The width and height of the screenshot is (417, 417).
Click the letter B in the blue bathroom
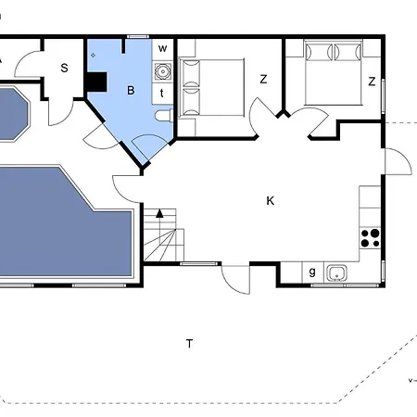[131, 90]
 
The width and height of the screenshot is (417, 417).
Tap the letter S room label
[64, 68]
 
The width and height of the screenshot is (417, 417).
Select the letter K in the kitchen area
[270, 201]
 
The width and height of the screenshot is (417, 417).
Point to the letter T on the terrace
[189, 343]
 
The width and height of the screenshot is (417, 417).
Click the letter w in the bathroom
[162, 48]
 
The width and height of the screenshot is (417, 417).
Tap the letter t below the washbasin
[162, 93]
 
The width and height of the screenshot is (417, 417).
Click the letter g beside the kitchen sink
[312, 272]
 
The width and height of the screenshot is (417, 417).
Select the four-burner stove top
[370, 238]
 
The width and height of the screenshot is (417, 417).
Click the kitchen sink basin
[336, 273]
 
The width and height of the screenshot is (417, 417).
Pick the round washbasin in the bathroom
[162, 71]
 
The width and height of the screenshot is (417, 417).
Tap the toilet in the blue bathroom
[164, 116]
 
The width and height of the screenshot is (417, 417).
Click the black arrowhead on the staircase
[159, 213]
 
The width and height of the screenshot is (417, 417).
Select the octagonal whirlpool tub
[13, 114]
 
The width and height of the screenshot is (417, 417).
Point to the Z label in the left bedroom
[263, 80]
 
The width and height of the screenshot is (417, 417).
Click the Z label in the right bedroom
[372, 82]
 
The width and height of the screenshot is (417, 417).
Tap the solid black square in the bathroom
[96, 82]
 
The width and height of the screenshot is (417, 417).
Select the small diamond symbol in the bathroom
[93, 56]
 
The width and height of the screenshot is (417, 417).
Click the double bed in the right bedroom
[333, 72]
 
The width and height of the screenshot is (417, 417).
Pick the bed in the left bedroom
[212, 88]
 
